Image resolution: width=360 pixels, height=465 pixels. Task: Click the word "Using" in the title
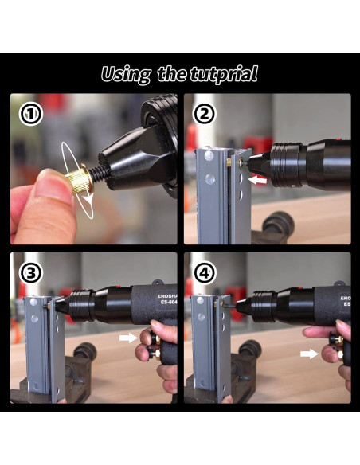coord(127,75)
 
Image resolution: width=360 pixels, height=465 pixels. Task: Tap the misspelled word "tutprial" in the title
coord(225,75)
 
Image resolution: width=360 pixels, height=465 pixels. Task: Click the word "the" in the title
coord(171,75)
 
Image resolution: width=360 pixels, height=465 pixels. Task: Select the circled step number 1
coord(29,113)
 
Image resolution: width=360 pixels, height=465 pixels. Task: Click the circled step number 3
coord(29,273)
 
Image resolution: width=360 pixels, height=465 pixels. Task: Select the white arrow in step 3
coord(126,338)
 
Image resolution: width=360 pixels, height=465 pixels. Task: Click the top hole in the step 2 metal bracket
coord(209,158)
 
